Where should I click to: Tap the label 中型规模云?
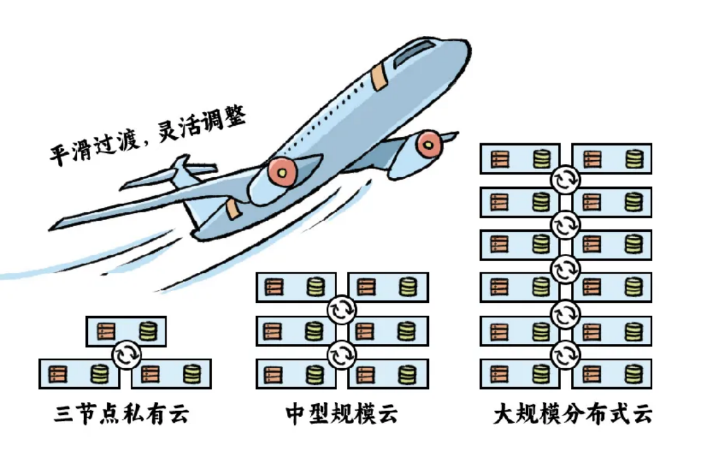coord(342,414)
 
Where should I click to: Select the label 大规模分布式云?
coord(573,414)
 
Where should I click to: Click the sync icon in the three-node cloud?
coord(126,354)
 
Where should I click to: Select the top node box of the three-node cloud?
coord(126,331)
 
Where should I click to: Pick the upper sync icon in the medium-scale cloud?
coord(342,309)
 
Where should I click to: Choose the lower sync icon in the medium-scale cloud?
coord(342,355)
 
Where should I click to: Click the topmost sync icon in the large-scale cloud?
coord(566,179)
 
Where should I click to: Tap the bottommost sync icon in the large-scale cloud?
coord(566,355)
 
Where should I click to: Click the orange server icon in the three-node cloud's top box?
coord(106,332)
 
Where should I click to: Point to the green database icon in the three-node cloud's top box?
coord(148,331)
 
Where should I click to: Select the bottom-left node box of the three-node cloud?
coord(79,374)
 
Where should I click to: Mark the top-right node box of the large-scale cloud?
coord(612,158)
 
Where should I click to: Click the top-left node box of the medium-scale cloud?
coord(296,287)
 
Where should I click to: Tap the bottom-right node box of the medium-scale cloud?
coord(388,374)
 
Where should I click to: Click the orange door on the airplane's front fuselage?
coord(379,76)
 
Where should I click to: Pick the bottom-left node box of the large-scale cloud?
coord(520,374)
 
